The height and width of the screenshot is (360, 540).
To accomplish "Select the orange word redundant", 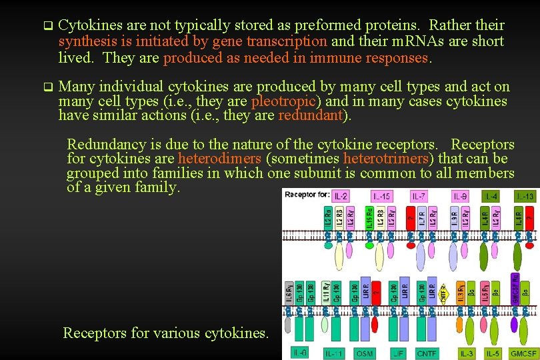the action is coord(309,115).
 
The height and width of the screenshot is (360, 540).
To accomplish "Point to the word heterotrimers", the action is coord(387,159).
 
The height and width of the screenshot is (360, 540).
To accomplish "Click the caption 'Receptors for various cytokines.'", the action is coord(165,333).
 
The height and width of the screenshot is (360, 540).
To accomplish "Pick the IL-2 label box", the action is coord(341,196).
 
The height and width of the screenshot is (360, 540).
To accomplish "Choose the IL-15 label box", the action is coord(381,196).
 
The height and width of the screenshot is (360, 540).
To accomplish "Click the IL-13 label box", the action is coord(525,196).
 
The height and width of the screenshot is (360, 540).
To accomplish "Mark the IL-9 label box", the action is coord(460,196).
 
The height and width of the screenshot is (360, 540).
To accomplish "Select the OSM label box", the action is coord(365,353).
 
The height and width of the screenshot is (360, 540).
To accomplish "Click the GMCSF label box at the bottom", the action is coord(523,353).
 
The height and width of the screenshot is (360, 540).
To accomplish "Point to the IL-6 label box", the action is coord(300,351).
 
